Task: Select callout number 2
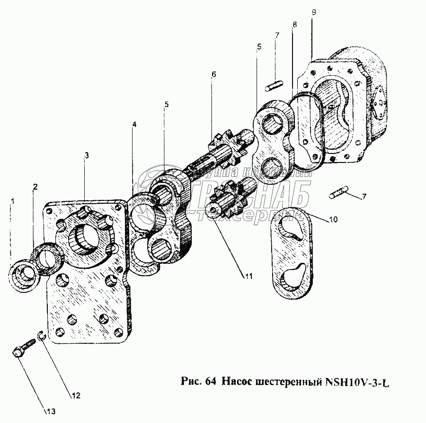(x=35, y=187)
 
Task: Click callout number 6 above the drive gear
(x=213, y=74)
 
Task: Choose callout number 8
(x=294, y=25)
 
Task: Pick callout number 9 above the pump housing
(x=313, y=10)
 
